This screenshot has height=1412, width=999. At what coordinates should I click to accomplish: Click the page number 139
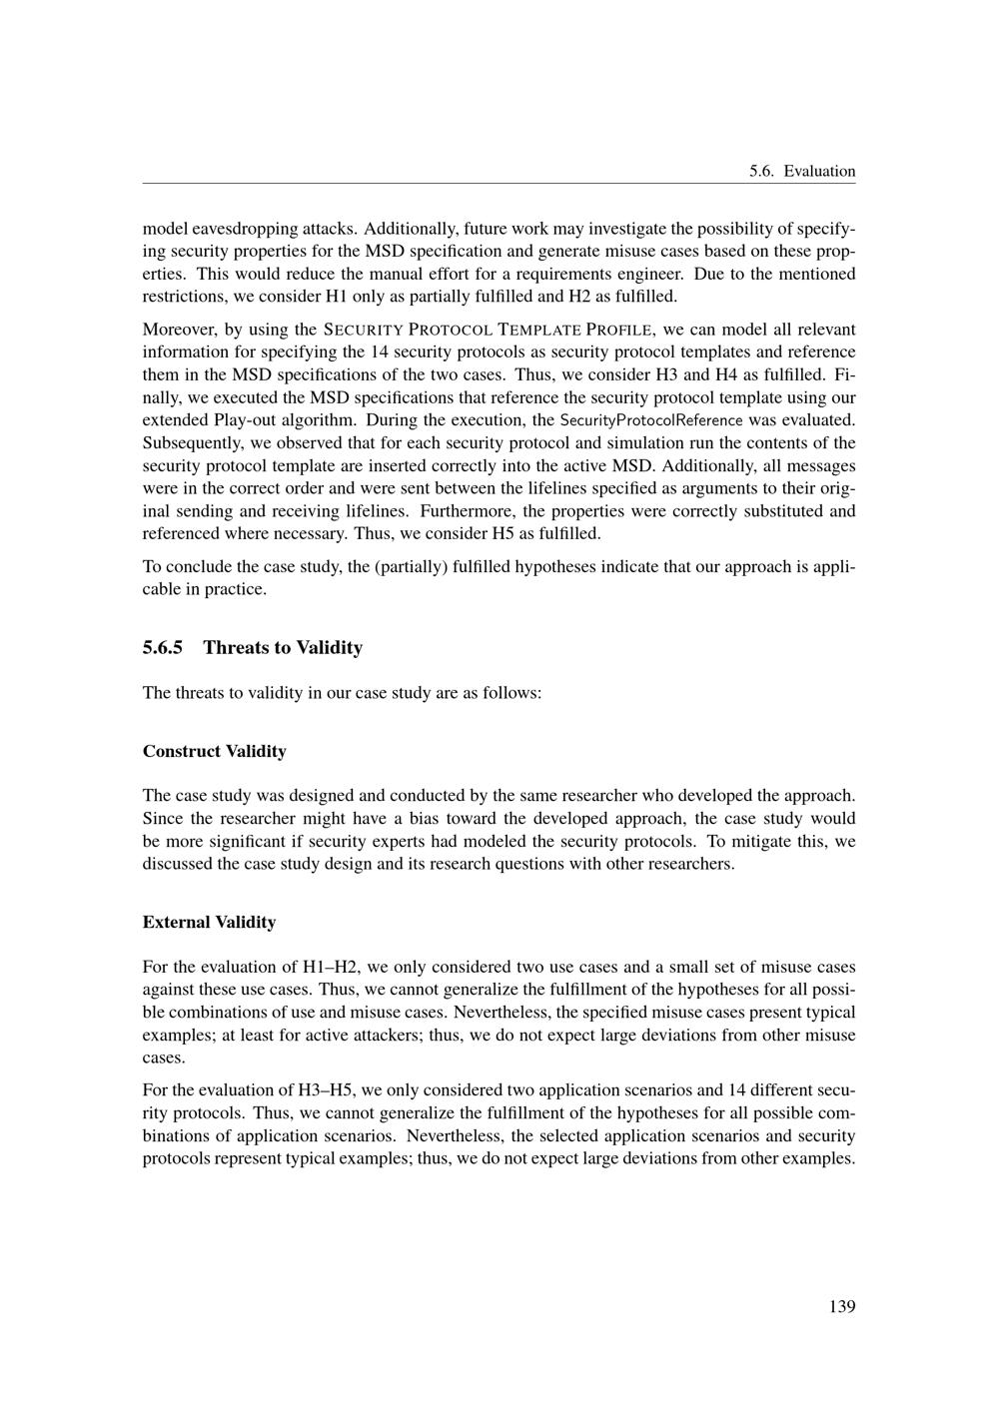(x=841, y=1306)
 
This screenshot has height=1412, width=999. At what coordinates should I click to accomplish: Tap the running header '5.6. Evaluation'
(x=802, y=171)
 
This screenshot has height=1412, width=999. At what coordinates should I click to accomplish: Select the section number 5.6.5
(x=163, y=647)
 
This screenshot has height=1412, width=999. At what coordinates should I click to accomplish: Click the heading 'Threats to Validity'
(x=283, y=647)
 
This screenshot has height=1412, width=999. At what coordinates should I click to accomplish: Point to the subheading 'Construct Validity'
(x=214, y=751)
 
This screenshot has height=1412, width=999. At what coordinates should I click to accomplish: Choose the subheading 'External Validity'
(x=209, y=922)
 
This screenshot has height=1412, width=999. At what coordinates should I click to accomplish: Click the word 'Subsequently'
(x=190, y=442)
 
